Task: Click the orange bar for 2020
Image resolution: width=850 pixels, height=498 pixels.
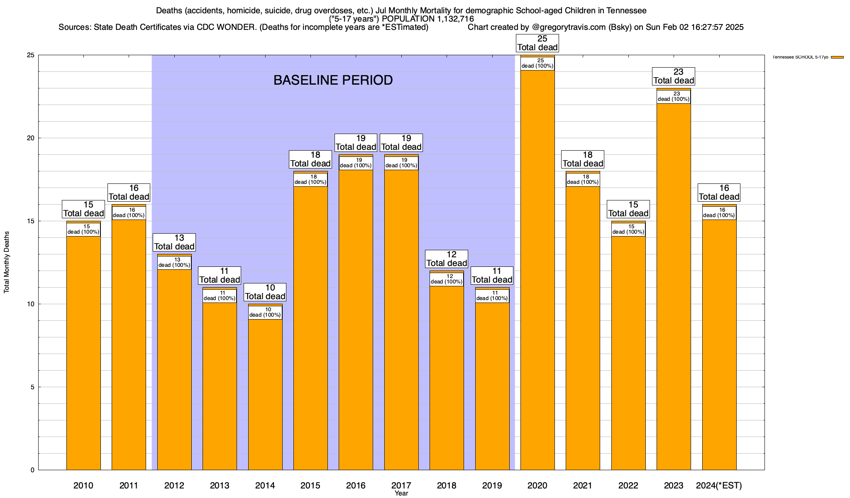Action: pyautogui.click(x=537, y=270)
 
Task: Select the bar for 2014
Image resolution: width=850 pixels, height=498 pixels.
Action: pyautogui.click(x=265, y=394)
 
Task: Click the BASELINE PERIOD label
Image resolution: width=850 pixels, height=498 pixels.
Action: pyautogui.click(x=333, y=80)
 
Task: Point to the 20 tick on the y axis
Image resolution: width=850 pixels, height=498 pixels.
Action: pyautogui.click(x=31, y=138)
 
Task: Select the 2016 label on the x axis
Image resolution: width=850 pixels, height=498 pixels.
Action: pyautogui.click(x=356, y=486)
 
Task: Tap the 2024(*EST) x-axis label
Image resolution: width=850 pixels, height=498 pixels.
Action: pyautogui.click(x=719, y=486)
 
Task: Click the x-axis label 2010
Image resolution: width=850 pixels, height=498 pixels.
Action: pyautogui.click(x=83, y=486)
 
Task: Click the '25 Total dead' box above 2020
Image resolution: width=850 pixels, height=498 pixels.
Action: pyautogui.click(x=537, y=43)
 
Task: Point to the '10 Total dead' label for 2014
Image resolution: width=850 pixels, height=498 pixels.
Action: pyautogui.click(x=265, y=292)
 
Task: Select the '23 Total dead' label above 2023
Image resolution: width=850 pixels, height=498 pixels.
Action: pyautogui.click(x=674, y=76)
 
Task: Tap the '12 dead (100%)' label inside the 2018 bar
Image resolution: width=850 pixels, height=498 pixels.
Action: pyautogui.click(x=447, y=279)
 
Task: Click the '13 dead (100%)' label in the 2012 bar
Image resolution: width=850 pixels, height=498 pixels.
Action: pyautogui.click(x=174, y=263)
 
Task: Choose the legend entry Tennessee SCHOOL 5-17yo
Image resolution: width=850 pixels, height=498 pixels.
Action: pyautogui.click(x=801, y=57)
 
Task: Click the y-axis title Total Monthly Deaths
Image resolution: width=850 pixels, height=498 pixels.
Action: pyautogui.click(x=7, y=262)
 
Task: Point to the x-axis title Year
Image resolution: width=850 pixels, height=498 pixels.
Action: pyautogui.click(x=401, y=493)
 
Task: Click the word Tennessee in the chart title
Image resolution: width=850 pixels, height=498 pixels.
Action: pyautogui.click(x=626, y=10)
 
